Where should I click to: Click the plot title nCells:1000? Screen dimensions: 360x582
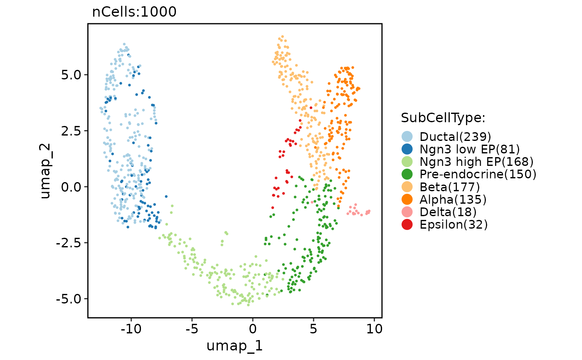(134, 12)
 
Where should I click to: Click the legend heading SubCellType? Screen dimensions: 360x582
(443, 118)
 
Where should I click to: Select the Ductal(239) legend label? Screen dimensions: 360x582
(456, 136)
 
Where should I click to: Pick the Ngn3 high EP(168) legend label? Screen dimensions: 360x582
(476, 161)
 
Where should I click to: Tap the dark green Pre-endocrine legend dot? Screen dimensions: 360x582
(408, 174)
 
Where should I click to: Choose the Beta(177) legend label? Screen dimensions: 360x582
(450, 187)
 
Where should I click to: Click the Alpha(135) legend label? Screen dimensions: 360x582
(453, 199)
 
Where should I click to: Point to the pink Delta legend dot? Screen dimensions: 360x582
(408, 212)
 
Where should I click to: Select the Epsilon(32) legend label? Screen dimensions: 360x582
(454, 224)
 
